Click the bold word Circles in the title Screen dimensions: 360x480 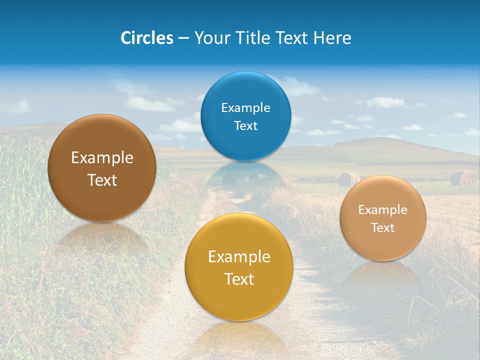(147, 38)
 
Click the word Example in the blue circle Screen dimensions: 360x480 (245, 107)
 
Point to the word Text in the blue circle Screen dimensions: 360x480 (245, 125)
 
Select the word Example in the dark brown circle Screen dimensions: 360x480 (102, 157)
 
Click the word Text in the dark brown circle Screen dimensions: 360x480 (102, 180)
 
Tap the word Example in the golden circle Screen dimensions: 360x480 (239, 256)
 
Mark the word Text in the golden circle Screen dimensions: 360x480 (239, 279)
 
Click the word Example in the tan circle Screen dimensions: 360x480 (382, 209)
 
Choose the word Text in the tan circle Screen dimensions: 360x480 (382, 227)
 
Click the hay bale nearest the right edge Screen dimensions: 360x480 (463, 177)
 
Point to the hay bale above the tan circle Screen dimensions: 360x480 (349, 178)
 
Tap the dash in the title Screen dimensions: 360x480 (183, 38)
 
